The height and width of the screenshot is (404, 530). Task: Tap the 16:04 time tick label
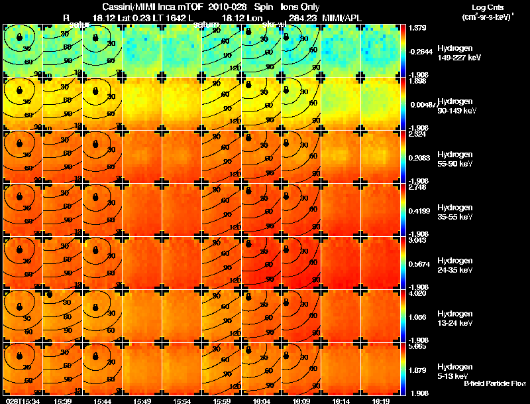pos(261,400)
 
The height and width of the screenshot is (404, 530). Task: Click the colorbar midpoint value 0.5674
pos(419,263)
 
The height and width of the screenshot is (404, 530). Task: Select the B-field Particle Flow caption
pos(494,383)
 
